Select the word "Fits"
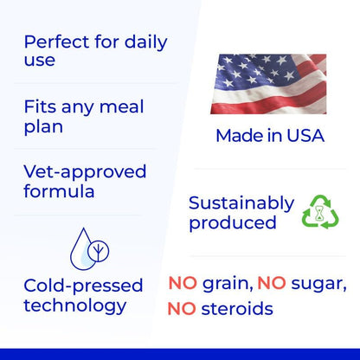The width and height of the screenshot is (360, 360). coord(41,106)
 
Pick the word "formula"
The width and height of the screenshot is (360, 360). coord(59,191)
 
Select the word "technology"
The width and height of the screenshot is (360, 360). coord(74,305)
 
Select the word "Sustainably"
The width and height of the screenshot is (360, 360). coord(241,203)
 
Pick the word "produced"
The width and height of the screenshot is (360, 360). coord(232,223)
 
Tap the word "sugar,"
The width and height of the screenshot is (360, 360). coord(318,284)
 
